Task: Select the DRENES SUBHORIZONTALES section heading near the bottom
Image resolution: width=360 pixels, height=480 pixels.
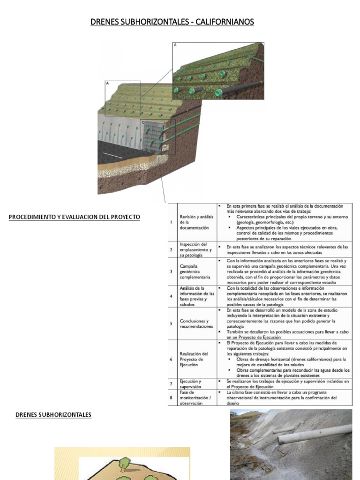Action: click(53, 414)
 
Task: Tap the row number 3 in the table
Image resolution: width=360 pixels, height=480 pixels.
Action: click(171, 271)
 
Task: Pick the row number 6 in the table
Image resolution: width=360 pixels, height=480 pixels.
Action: click(171, 359)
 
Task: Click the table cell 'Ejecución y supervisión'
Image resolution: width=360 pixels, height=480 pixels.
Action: click(190, 384)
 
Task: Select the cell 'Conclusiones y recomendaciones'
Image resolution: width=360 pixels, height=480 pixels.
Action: click(195, 323)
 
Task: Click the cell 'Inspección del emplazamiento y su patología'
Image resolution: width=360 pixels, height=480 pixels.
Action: click(196, 249)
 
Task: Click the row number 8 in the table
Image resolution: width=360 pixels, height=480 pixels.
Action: click(171, 397)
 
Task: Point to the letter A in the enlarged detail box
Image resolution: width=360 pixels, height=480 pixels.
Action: click(175, 45)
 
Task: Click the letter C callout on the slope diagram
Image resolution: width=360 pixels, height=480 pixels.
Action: click(143, 122)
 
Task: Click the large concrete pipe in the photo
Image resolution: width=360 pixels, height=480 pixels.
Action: click(314, 434)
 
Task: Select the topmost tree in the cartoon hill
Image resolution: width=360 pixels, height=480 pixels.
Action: click(124, 464)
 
